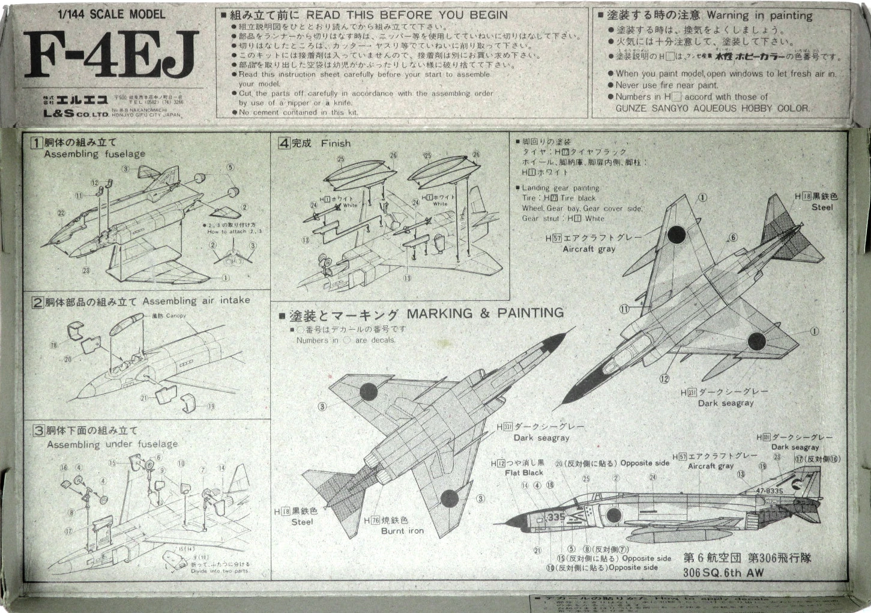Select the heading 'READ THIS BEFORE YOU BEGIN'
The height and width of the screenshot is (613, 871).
pos(407,15)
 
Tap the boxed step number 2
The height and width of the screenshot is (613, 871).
pos(37,301)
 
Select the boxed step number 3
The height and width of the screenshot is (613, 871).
pos(38,430)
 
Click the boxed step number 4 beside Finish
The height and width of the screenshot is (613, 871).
pos(284,143)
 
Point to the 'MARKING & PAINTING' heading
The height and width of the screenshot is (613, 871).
pos(485,313)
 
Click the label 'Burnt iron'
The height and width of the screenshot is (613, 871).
pos(402,531)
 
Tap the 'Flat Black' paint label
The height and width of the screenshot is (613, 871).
pos(523,473)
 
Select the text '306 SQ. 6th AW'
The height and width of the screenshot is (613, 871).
pos(723,572)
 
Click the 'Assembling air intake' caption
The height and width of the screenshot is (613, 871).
pos(196,300)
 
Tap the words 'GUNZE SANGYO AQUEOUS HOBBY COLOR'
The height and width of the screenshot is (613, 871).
pos(712,108)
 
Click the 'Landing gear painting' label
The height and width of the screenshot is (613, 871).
pos(560,188)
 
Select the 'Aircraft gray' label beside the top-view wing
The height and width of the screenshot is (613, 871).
pos(589,249)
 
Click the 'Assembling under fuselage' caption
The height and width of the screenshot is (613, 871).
pos(112,444)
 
